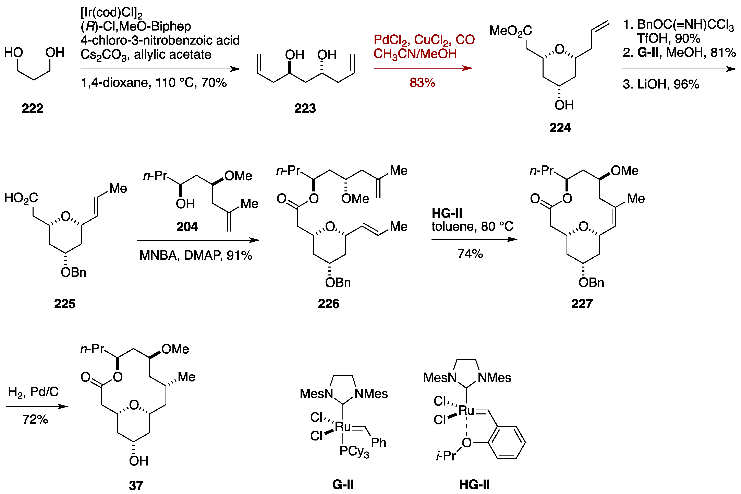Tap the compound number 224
pyautogui.click(x=560, y=128)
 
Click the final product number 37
pyautogui.click(x=136, y=485)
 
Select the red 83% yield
pyautogui.click(x=422, y=83)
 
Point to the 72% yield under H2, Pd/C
pyautogui.click(x=35, y=419)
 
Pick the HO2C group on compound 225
pyautogui.click(x=21, y=198)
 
